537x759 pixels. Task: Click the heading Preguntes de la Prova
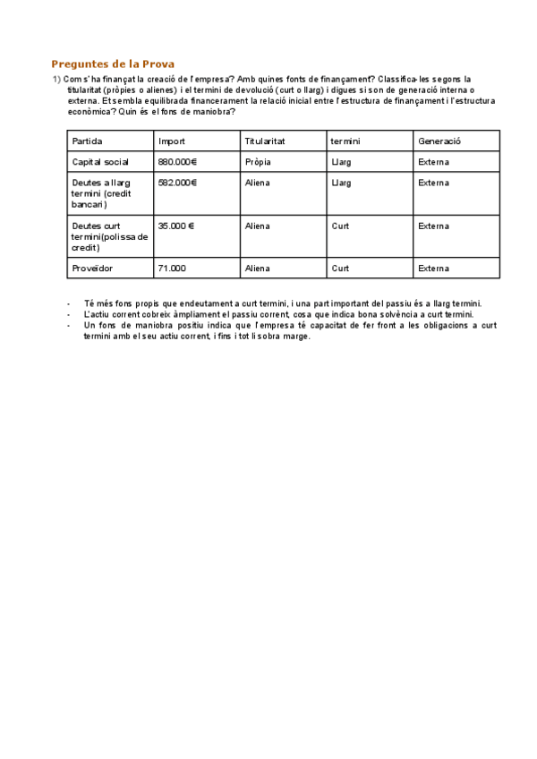113,64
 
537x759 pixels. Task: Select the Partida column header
87,141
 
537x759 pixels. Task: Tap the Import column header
172,141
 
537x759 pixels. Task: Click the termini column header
345,141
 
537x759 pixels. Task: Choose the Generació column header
439,141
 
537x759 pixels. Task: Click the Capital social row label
100,162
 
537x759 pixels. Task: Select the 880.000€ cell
177,162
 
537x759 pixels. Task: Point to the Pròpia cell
258,162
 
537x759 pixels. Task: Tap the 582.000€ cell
177,183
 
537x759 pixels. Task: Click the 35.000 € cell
176,226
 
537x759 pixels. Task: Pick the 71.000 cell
172,268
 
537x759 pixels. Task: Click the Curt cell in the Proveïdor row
340,268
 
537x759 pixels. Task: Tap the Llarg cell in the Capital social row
341,162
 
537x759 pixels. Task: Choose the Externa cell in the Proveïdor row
433,268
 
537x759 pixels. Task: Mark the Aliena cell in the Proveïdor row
257,268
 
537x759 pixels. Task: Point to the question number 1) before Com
56,80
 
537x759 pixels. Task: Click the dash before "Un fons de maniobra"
69,326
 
